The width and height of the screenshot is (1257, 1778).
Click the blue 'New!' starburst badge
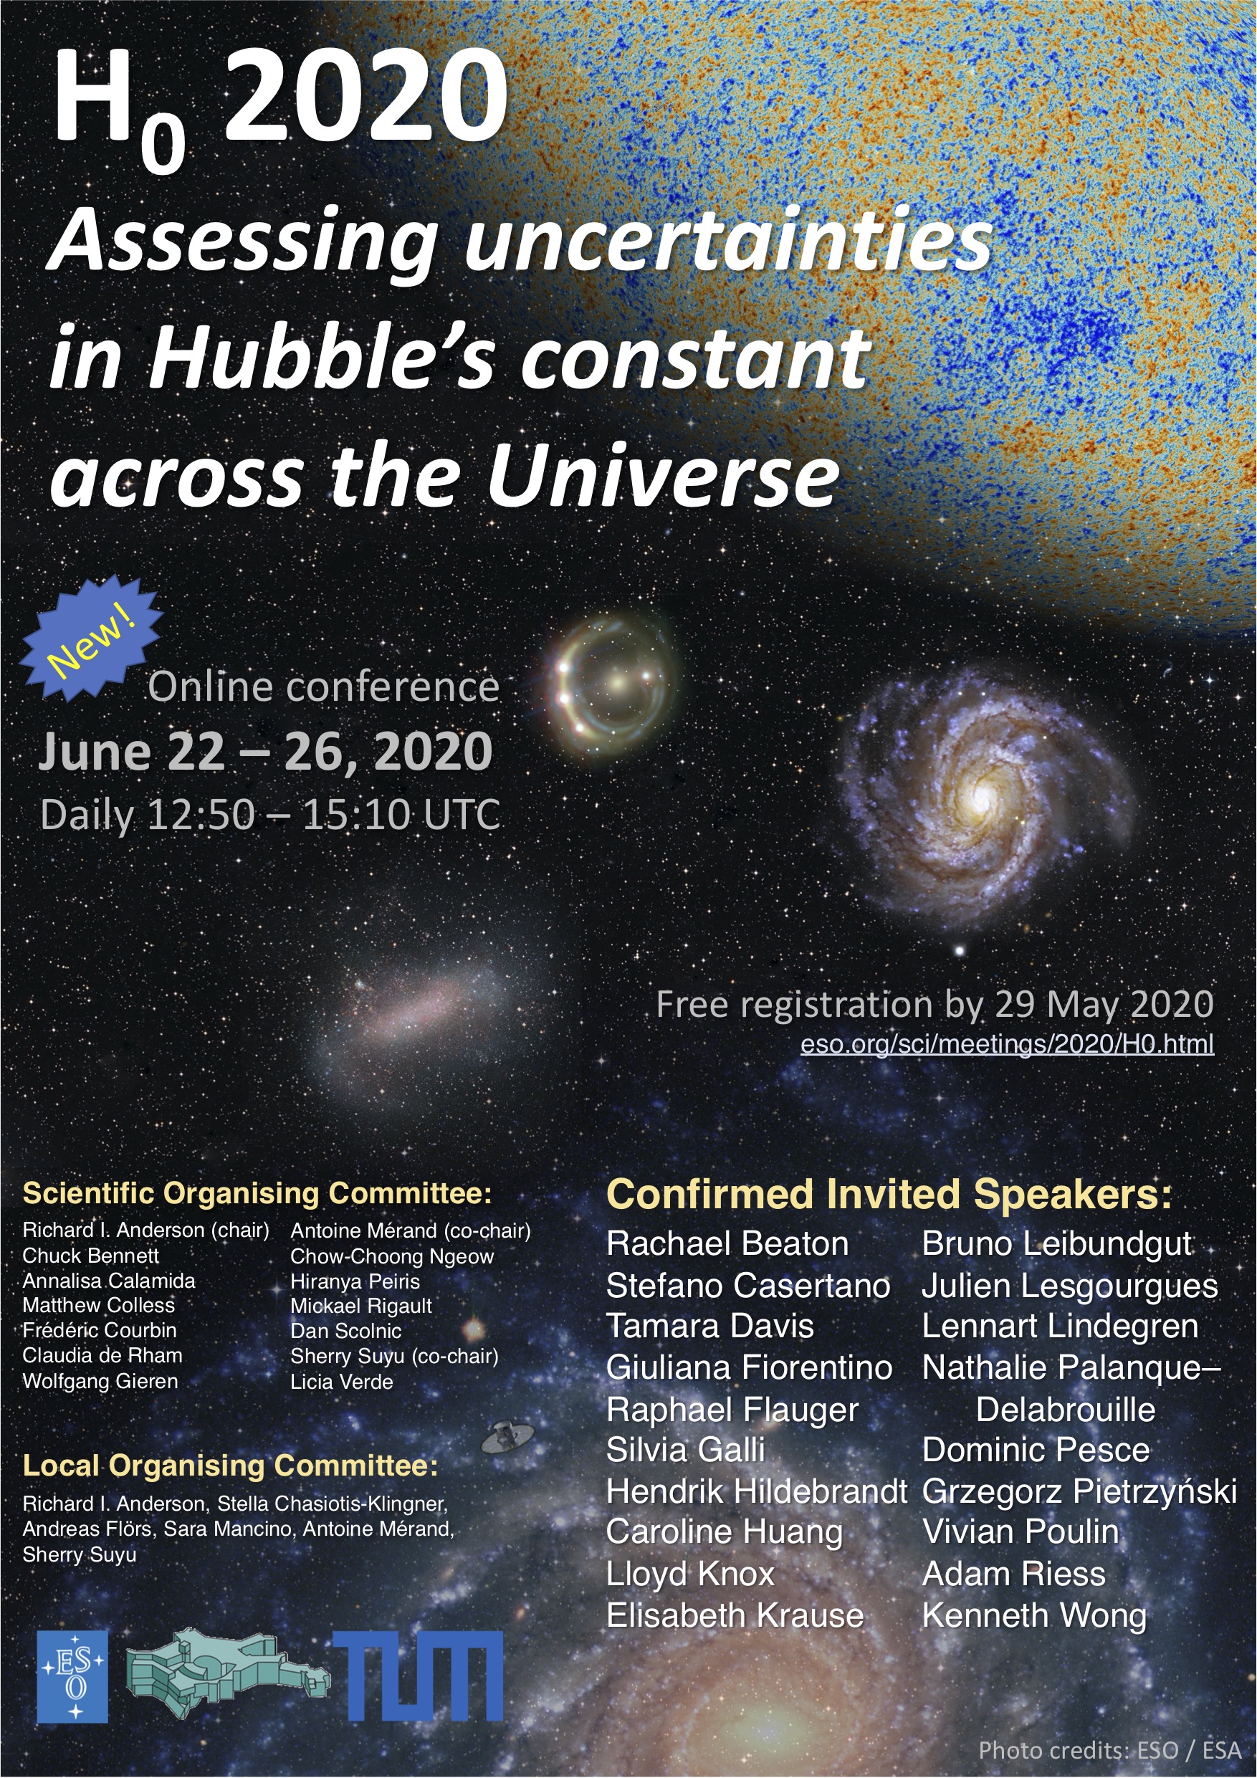[x=92, y=638]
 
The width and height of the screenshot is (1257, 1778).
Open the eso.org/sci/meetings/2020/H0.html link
[x=1007, y=1044]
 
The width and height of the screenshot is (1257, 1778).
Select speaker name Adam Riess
[x=1014, y=1574]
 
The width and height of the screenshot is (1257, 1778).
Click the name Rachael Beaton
[x=727, y=1244]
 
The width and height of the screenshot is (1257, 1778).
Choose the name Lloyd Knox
[x=690, y=1574]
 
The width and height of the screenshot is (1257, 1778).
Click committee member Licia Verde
[x=342, y=1382]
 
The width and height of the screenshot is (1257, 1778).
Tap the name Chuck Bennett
[x=90, y=1256]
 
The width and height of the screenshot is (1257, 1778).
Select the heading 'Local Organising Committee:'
[x=230, y=1465]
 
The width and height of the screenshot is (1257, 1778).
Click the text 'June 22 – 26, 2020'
[x=266, y=751]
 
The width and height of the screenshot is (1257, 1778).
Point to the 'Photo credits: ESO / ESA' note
[x=1110, y=1750]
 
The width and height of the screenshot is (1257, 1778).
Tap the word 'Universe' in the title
[x=663, y=474]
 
